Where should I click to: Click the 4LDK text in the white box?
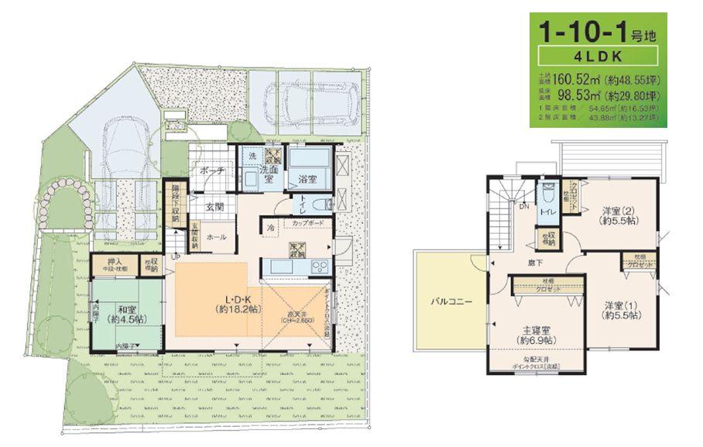(599, 57)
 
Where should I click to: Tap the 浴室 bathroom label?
(309, 179)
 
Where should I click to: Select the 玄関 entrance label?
(216, 207)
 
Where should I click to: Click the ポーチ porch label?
(211, 170)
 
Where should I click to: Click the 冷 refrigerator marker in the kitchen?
(271, 229)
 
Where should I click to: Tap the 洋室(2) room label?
(619, 209)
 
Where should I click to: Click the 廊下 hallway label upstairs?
(536, 262)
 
